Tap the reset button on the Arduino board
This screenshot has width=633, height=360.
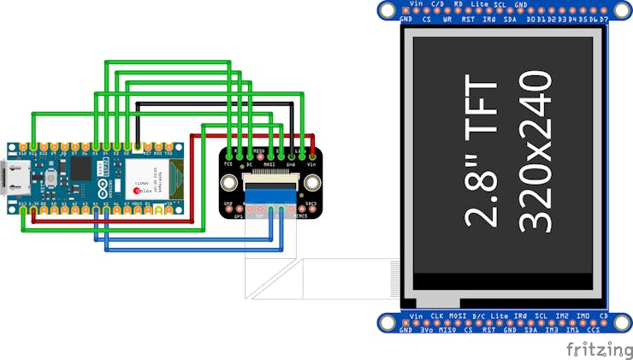[50, 181]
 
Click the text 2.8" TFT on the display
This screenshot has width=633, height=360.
[481, 154]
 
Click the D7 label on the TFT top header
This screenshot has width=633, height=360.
[604, 19]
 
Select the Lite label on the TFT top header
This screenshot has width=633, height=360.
[480, 4]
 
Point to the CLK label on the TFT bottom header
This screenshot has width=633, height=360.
[436, 316]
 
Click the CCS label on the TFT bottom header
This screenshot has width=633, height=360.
[592, 329]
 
